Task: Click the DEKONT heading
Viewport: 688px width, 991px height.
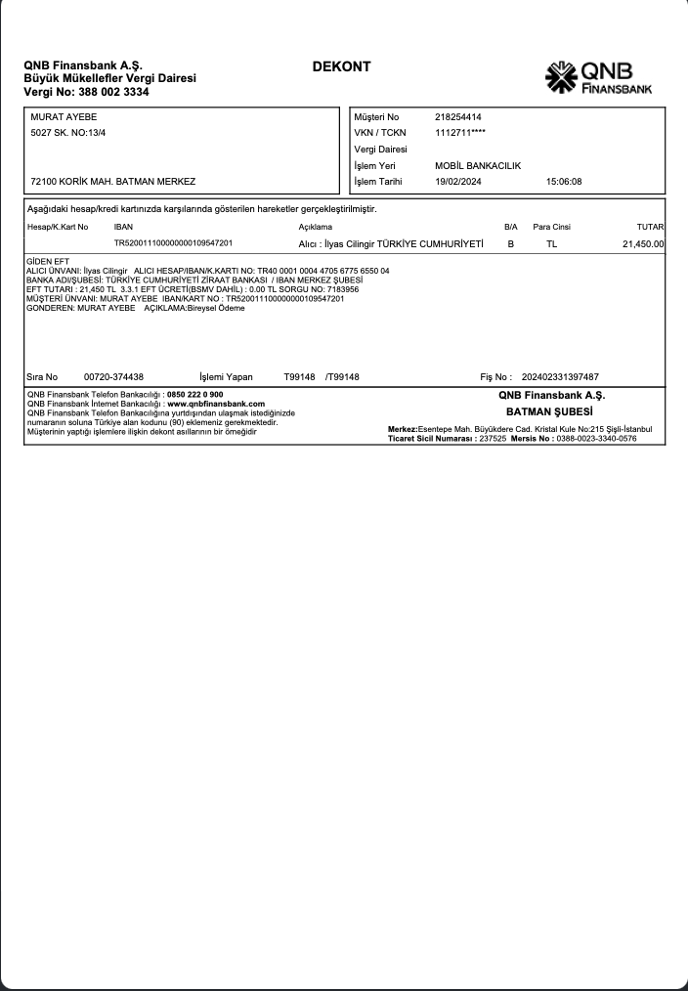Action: coord(341,67)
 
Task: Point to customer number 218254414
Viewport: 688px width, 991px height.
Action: coord(458,117)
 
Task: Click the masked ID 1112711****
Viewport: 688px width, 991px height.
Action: coord(460,133)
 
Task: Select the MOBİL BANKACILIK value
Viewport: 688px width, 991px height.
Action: coord(478,166)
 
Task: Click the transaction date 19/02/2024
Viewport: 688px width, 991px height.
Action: coord(458,182)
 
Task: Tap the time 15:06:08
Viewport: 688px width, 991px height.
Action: coord(564,182)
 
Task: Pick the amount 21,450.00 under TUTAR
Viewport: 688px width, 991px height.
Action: coord(643,244)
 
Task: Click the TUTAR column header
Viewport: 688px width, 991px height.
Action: coord(650,227)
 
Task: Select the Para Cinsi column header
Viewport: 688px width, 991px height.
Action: coord(551,227)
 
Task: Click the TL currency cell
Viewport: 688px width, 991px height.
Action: coord(552,244)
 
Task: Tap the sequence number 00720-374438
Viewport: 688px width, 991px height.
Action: coord(113,376)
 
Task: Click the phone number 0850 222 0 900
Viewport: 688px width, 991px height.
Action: coord(195,395)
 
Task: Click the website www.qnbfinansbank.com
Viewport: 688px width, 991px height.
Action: coord(216,403)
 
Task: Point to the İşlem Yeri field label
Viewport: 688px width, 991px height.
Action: coord(375,166)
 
